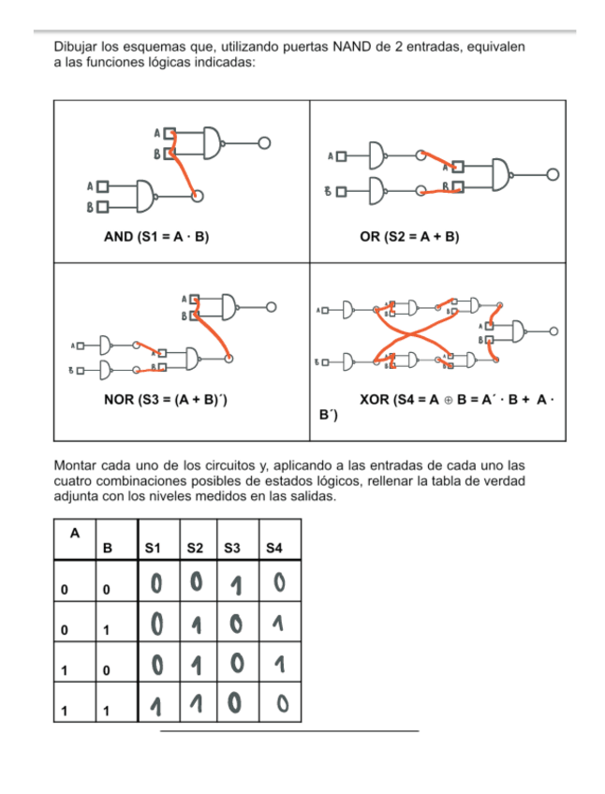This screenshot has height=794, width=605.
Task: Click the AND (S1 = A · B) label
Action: [155, 237]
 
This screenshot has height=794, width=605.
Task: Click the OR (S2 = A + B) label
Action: [409, 237]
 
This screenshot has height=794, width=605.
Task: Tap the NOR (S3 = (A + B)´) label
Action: [167, 401]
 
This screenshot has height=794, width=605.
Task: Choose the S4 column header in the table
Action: [273, 548]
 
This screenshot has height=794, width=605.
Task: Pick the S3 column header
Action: [233, 548]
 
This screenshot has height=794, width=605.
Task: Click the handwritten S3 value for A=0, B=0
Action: [236, 587]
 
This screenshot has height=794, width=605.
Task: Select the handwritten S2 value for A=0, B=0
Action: [196, 585]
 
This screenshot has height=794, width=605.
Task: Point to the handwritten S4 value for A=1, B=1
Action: [278, 704]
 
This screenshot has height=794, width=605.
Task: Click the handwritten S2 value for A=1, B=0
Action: [197, 666]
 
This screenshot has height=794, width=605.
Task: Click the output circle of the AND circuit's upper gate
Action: [265, 143]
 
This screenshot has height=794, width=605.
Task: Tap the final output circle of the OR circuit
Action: [553, 174]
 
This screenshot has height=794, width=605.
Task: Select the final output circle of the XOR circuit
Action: [554, 331]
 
